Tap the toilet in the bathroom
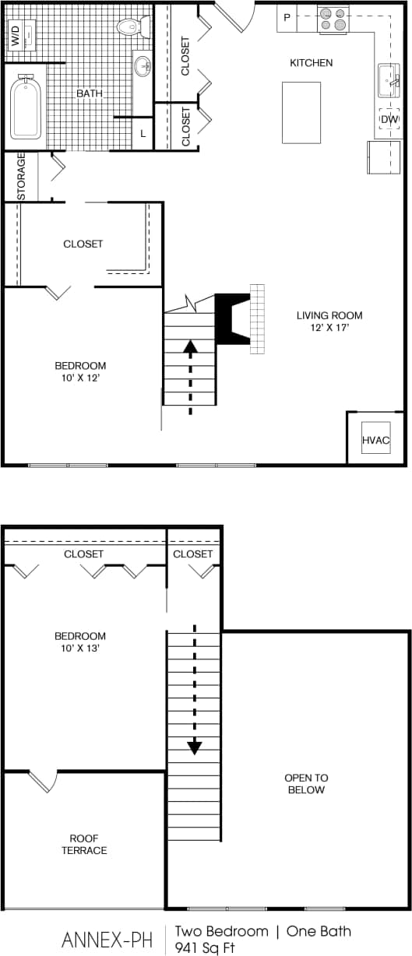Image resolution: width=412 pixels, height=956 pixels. pyautogui.click(x=132, y=27)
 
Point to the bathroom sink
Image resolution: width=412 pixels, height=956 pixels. pyautogui.click(x=143, y=66)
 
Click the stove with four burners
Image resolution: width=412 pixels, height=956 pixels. pyautogui.click(x=333, y=19)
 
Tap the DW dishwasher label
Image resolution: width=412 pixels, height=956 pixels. pyautogui.click(x=389, y=119)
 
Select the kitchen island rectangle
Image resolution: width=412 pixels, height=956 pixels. pyautogui.click(x=301, y=112)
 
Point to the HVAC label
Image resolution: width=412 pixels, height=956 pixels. pyautogui.click(x=375, y=441)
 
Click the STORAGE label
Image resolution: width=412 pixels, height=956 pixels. pyautogui.click(x=22, y=176)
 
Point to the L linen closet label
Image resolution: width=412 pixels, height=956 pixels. pyautogui.click(x=143, y=134)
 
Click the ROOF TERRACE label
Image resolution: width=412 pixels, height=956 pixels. pyautogui.click(x=84, y=844)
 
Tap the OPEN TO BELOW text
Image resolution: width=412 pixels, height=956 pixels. pyautogui.click(x=306, y=784)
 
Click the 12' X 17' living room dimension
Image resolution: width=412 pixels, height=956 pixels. pyautogui.click(x=329, y=328)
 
